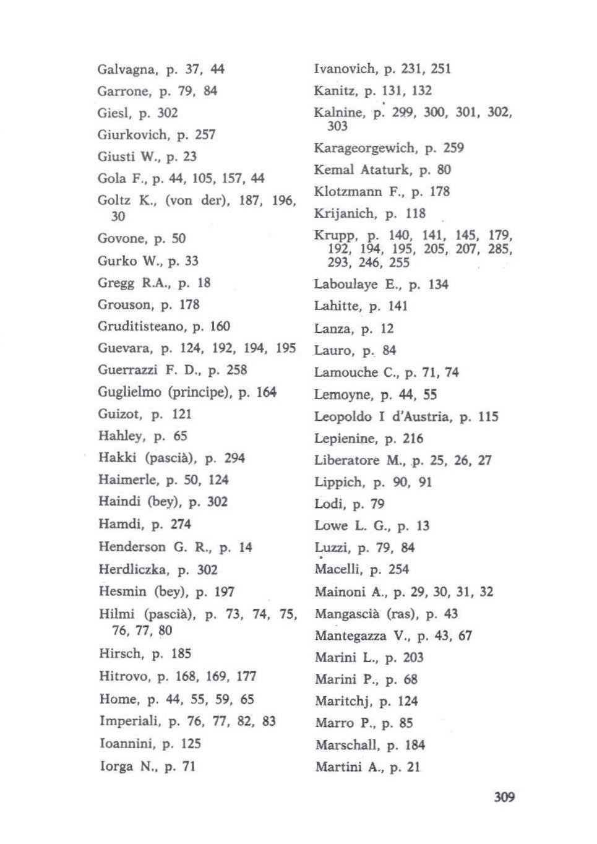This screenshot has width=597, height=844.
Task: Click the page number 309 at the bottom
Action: click(504, 797)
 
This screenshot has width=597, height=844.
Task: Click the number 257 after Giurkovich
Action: click(205, 135)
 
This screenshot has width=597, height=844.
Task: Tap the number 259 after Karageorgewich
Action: click(453, 149)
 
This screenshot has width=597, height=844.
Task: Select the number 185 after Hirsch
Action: click(181, 654)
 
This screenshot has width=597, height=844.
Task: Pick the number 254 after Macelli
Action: click(398, 570)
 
